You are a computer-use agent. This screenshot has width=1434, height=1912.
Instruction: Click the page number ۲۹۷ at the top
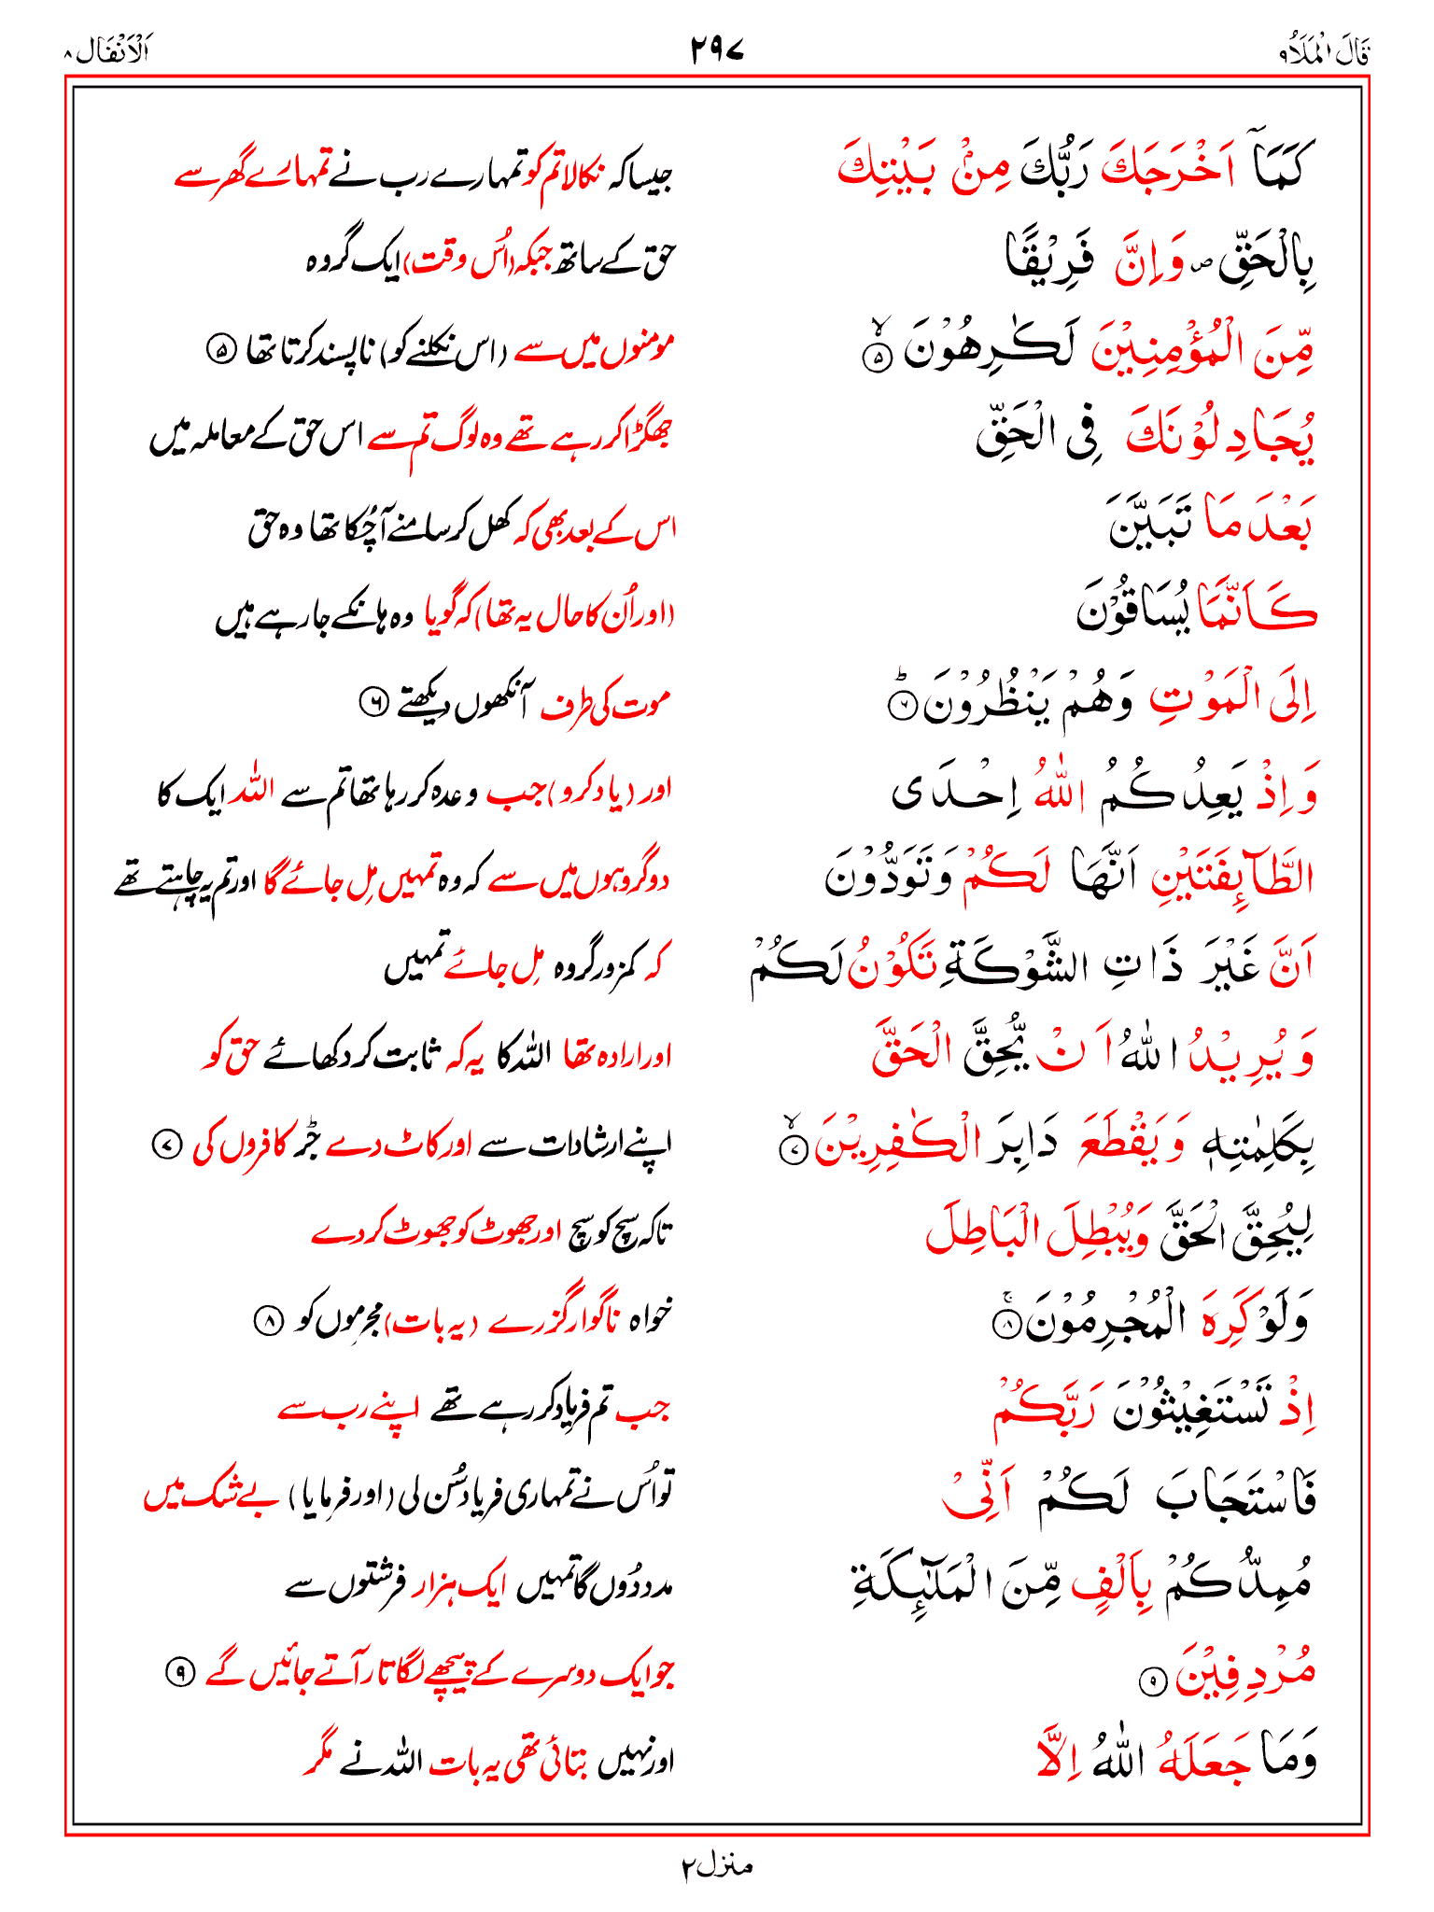717,49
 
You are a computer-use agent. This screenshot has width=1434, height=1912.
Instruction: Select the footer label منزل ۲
716,1866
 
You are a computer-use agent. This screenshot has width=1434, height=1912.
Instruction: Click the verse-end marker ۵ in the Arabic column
877,357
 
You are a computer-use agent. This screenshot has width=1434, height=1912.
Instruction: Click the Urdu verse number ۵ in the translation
221,351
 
